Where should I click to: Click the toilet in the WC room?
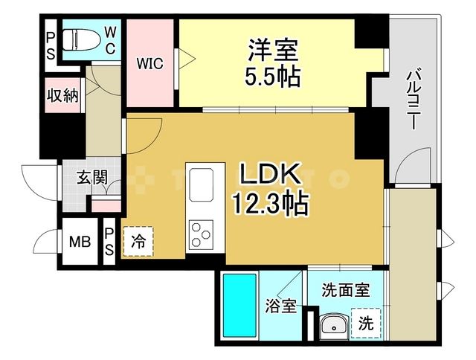[x=77, y=39]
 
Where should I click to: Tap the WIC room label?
[x=149, y=63]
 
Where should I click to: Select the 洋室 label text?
[x=272, y=52]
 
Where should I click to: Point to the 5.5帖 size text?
[x=272, y=77]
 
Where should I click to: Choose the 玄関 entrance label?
[x=92, y=177]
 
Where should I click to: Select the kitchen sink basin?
[x=202, y=184]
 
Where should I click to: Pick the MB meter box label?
[x=79, y=242]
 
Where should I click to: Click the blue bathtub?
[x=239, y=305]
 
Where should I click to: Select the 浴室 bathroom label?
[x=281, y=305]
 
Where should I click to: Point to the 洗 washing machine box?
[x=366, y=324]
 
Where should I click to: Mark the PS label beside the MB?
[x=109, y=240]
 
